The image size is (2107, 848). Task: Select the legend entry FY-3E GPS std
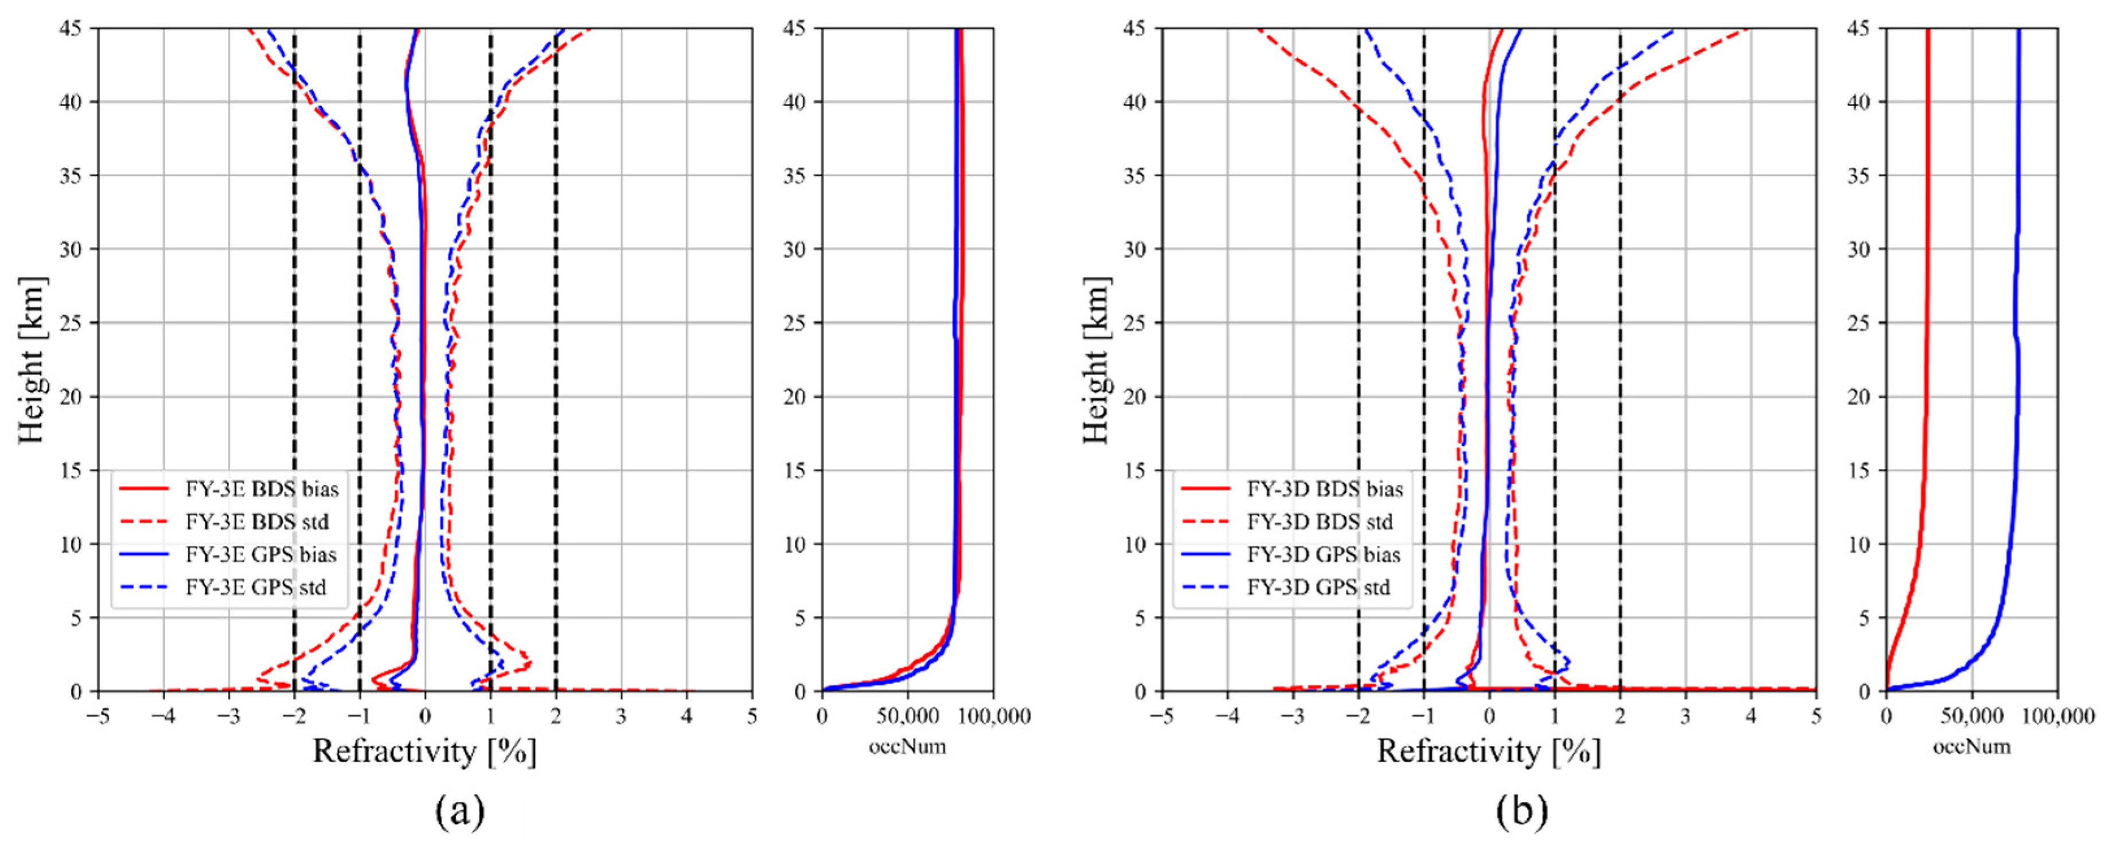(255, 588)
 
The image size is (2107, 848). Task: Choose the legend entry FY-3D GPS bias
(1322, 555)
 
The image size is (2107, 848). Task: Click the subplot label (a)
(460, 812)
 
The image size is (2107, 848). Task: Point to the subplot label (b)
(1522, 812)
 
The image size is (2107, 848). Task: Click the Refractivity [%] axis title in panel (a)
(424, 751)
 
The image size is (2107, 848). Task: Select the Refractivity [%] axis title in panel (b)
(1488, 751)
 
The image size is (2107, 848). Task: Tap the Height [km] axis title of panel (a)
(31, 360)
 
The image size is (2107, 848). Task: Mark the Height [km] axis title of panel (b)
(1096, 360)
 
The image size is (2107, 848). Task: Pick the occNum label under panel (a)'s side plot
(907, 747)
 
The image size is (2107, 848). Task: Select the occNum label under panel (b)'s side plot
(1971, 747)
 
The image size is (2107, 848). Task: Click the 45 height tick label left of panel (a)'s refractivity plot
(70, 29)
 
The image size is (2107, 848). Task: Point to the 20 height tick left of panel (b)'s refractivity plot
(1135, 397)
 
